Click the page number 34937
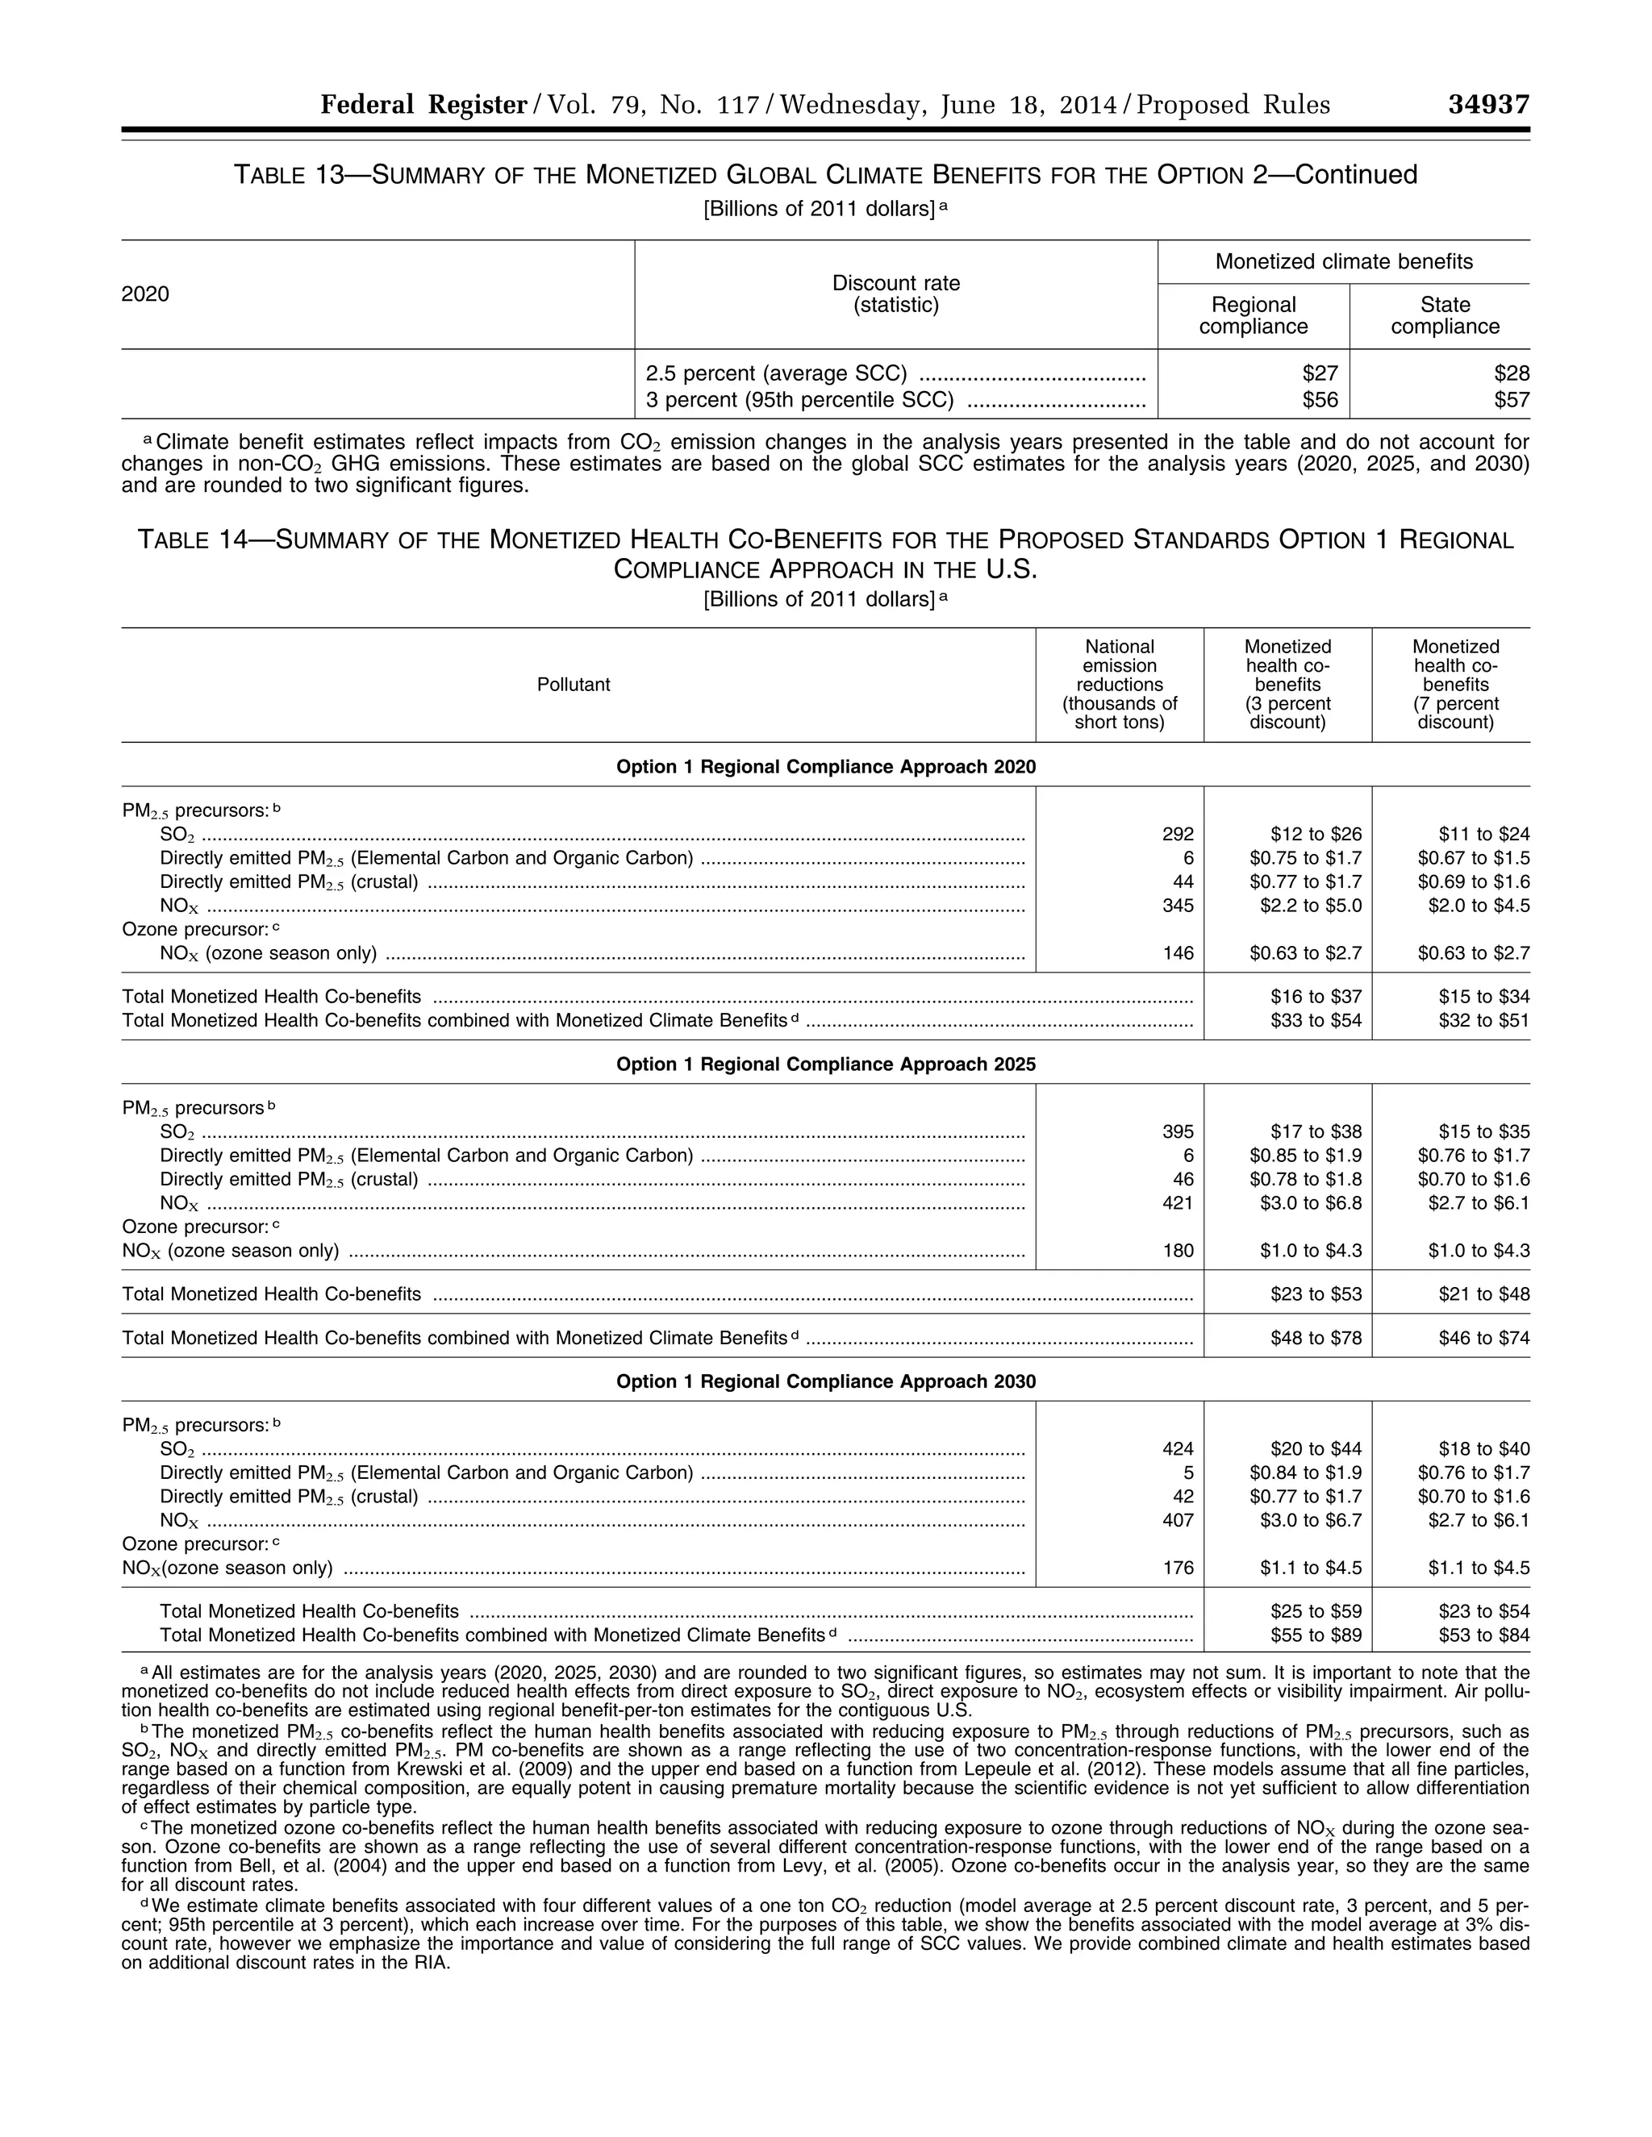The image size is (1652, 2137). [x=1487, y=105]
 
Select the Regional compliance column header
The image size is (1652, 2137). [x=1253, y=316]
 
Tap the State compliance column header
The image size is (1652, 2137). [x=1445, y=316]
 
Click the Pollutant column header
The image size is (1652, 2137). [x=574, y=685]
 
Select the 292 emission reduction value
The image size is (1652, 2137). [x=1178, y=835]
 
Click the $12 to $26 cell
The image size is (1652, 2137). [x=1316, y=835]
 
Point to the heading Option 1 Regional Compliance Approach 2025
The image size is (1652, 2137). [x=825, y=1064]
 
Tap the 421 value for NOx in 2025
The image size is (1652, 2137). [x=1178, y=1203]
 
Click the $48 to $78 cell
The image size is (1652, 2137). [x=1316, y=1339]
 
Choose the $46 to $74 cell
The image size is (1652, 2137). [x=1483, y=1339]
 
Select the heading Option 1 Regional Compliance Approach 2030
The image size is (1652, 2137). [x=825, y=1381]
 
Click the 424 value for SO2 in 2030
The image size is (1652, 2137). [x=1178, y=1449]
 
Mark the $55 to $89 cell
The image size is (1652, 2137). [x=1316, y=1635]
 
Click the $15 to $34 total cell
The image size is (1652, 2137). [x=1483, y=997]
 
